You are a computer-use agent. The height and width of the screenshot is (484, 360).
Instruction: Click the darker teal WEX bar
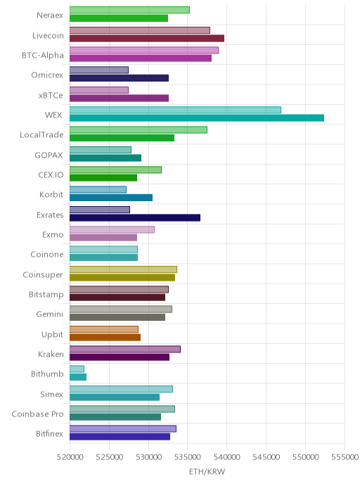(x=197, y=118)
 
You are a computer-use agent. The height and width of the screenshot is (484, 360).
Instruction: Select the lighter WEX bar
(x=175, y=110)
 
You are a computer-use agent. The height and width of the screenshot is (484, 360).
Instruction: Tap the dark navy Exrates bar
(x=135, y=217)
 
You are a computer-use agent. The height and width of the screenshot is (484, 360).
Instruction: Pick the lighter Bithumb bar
(x=77, y=369)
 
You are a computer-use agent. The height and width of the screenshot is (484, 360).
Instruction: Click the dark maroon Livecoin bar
(x=147, y=38)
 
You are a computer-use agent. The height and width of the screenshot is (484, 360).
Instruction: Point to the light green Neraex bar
(x=129, y=10)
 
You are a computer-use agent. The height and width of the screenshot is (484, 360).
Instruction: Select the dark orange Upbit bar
(x=105, y=337)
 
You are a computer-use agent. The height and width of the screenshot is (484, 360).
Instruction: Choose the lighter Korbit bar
(x=98, y=189)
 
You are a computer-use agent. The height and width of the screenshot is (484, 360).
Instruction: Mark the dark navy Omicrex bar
(x=119, y=78)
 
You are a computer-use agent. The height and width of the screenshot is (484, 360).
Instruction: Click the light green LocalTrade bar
(x=139, y=129)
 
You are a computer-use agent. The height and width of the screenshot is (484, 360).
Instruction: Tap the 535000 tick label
(x=187, y=457)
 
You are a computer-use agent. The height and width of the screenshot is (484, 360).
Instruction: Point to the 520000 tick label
(x=70, y=457)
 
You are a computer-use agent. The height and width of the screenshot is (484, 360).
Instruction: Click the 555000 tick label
(x=345, y=457)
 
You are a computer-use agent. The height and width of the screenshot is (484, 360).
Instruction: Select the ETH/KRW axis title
(x=207, y=471)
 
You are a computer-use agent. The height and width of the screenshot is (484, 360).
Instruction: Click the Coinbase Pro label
(x=37, y=414)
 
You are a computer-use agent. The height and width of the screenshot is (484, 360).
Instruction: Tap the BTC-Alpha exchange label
(x=43, y=56)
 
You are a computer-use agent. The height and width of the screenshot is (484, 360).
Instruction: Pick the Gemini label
(x=49, y=314)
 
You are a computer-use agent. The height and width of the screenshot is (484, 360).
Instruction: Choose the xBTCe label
(x=51, y=96)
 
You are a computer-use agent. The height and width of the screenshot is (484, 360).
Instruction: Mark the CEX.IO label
(x=51, y=174)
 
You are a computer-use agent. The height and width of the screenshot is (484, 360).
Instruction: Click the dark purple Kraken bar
(x=120, y=357)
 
